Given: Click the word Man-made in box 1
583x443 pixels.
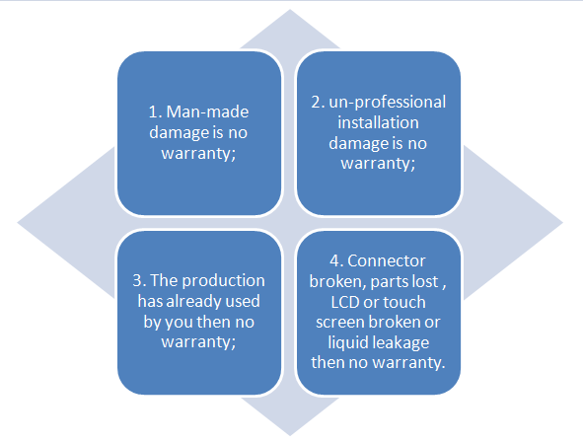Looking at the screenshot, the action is click(207, 111).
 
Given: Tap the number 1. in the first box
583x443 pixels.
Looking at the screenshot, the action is click(155, 111).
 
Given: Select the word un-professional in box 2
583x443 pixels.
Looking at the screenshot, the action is click(388, 103).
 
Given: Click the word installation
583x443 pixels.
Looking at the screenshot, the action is click(378, 122).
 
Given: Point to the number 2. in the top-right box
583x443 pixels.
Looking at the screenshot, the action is click(318, 102).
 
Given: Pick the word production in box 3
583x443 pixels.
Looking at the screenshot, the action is click(228, 281).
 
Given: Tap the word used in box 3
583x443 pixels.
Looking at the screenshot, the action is click(244, 301).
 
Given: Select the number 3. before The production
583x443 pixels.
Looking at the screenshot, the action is click(139, 280).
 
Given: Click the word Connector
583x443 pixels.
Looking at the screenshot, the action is click(387, 260).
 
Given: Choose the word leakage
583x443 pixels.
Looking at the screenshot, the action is click(401, 343).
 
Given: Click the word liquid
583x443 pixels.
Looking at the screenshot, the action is click(348, 343).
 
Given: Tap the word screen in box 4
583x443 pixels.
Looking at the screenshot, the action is click(339, 323).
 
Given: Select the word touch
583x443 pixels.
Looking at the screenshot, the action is click(404, 302).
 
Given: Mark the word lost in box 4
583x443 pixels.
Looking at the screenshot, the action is click(426, 281).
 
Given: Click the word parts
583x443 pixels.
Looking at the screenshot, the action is click(390, 282).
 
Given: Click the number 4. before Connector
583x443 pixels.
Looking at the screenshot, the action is click(336, 260).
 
